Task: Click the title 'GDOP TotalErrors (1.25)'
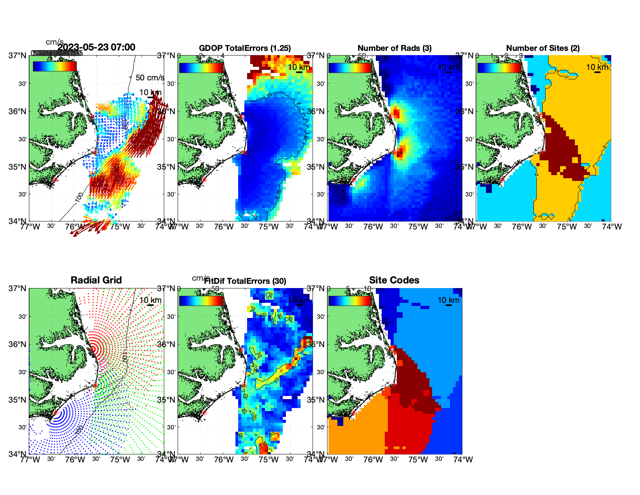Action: coord(245,48)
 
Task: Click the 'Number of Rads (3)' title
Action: coord(394,48)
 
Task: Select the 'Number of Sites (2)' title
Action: coord(543,48)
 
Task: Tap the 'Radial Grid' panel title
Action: coord(96,280)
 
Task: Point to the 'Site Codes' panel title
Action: coord(394,280)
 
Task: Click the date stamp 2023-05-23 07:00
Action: coord(97,47)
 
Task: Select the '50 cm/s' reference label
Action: coord(150,78)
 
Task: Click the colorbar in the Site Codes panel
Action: coord(350,300)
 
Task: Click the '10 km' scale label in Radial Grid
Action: coord(150,300)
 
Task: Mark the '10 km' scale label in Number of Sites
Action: coord(597,67)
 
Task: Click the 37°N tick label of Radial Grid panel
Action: coord(18,288)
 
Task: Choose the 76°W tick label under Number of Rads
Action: coord(373,227)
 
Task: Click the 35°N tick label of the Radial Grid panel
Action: coord(18,400)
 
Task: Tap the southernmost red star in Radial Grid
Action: coord(55,413)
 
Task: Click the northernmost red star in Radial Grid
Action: coord(93,349)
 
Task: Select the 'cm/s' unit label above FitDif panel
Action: coord(201,278)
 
